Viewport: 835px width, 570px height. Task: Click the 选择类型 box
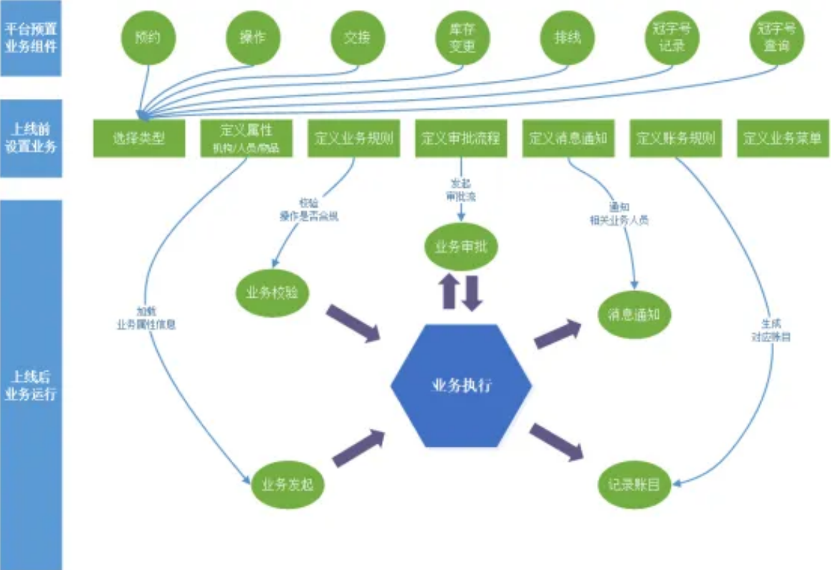(139, 138)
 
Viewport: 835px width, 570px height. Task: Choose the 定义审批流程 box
(462, 138)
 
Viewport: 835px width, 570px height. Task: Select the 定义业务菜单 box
(782, 138)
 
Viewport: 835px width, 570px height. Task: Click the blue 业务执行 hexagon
(462, 386)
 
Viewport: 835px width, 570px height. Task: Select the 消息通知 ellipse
(634, 314)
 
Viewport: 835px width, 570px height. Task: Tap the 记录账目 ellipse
(634, 485)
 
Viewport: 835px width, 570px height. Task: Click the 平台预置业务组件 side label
(31, 38)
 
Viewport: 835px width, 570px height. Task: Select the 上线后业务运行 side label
(31, 385)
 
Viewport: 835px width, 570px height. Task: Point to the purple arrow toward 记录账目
(556, 441)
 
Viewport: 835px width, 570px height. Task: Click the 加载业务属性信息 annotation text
(146, 318)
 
